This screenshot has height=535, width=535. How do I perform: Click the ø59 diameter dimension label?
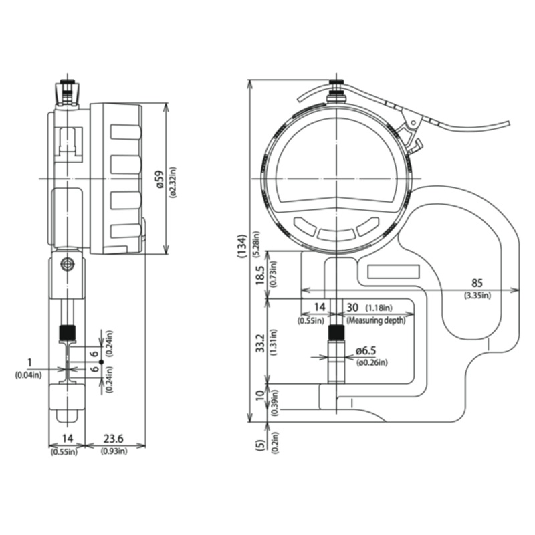pos(160,179)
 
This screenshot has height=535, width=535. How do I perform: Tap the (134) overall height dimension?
pos(242,246)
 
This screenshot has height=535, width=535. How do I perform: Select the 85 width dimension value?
pos(477,283)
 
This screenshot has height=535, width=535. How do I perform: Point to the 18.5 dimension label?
pos(260,276)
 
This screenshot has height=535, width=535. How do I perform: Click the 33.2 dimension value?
pos(261,343)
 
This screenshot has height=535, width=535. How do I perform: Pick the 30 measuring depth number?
pos(352,308)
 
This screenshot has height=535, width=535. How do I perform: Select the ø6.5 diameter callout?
pos(365,350)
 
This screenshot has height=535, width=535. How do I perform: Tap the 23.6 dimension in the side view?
pos(114,439)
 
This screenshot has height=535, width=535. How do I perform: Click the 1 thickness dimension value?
pos(29,362)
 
